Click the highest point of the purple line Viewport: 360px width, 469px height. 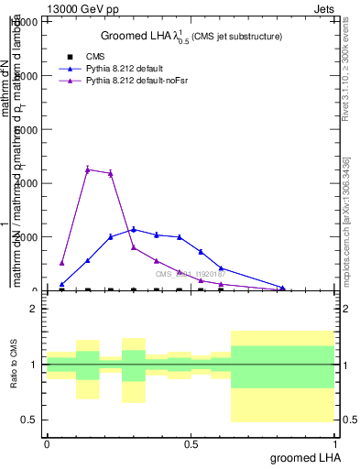[x=87, y=169]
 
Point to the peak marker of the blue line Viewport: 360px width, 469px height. [x=134, y=229]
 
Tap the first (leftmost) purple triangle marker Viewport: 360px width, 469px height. [x=62, y=263]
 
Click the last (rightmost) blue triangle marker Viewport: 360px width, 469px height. [x=283, y=289]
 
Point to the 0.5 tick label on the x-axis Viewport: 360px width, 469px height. [x=191, y=442]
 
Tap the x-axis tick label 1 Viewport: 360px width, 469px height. [x=336, y=442]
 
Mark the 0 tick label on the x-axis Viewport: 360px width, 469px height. [x=47, y=442]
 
